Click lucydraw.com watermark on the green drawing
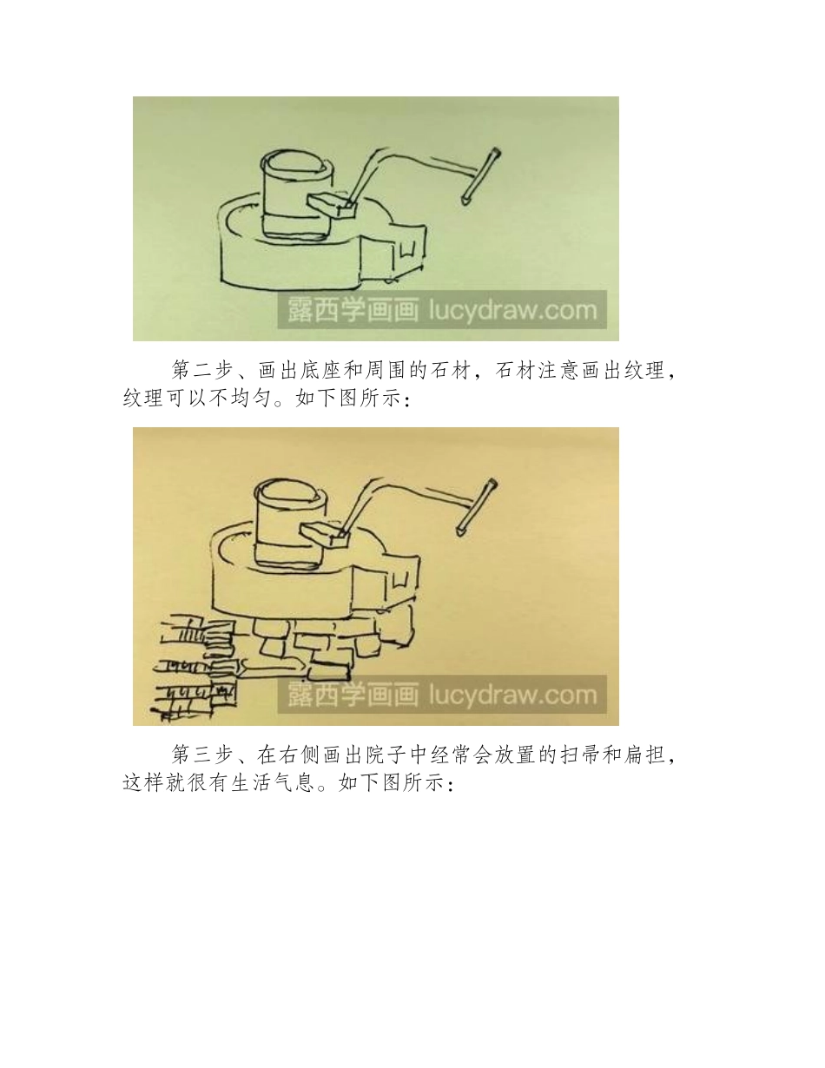click(x=513, y=310)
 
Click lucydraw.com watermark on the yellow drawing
click(x=513, y=695)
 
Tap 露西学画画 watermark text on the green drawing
click(x=352, y=310)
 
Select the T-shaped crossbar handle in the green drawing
click(x=480, y=177)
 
